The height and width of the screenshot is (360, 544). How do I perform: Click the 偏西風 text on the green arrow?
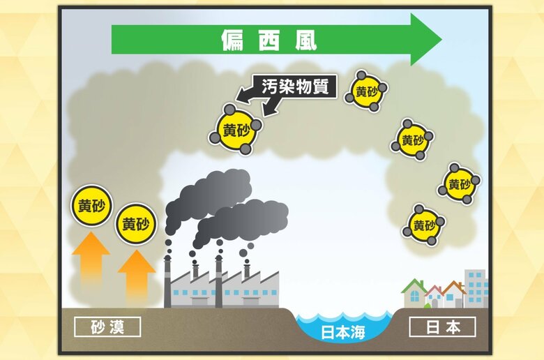pyautogui.click(x=269, y=40)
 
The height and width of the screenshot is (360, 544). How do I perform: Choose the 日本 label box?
pyautogui.click(x=442, y=326)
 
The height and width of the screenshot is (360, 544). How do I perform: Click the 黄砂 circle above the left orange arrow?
pyautogui.click(x=91, y=206)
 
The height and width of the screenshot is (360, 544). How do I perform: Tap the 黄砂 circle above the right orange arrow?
pyautogui.click(x=136, y=224)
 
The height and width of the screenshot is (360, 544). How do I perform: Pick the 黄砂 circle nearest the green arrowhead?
pyautogui.click(x=366, y=91)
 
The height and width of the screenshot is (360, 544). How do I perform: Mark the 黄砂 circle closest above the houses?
pyautogui.click(x=424, y=225)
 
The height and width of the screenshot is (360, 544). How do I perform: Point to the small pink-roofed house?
pyautogui.click(x=435, y=296)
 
